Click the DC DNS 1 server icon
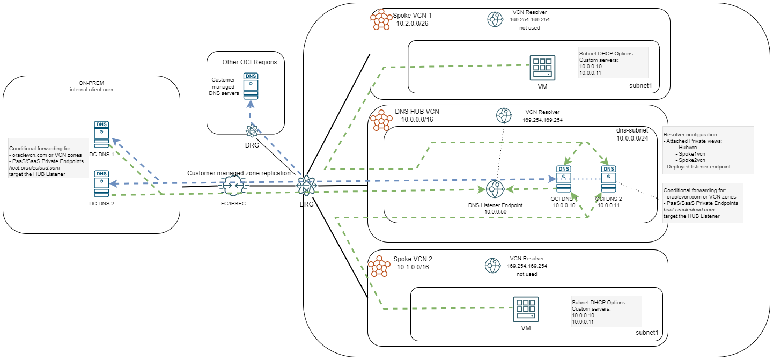click(x=101, y=134)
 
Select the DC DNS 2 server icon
click(x=101, y=183)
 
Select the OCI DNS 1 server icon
click(x=564, y=180)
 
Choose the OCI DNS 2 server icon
click(x=608, y=180)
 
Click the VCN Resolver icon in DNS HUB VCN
click(x=504, y=115)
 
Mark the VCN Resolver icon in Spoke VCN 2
click(x=492, y=265)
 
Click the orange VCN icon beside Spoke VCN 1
click(x=381, y=21)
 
